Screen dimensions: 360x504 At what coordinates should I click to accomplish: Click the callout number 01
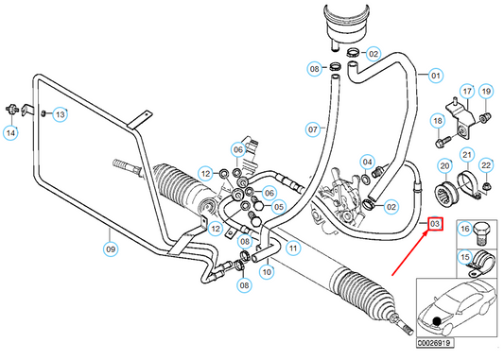coord(436,76)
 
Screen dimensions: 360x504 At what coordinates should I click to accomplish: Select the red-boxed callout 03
coord(435,224)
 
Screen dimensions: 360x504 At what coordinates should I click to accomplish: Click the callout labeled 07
coord(311,129)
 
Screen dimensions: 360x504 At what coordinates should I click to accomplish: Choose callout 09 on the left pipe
coord(110,250)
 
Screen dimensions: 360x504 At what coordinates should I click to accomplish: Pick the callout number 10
coord(267,272)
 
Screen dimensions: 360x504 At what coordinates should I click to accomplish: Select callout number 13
coord(60,114)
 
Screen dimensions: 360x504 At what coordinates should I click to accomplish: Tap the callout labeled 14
coord(11,133)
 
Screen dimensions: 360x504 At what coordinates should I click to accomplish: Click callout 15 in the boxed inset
coord(464,257)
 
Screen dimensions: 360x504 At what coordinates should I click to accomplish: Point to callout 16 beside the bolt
coord(464,229)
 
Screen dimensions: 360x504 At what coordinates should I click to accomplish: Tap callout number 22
coord(486,166)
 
